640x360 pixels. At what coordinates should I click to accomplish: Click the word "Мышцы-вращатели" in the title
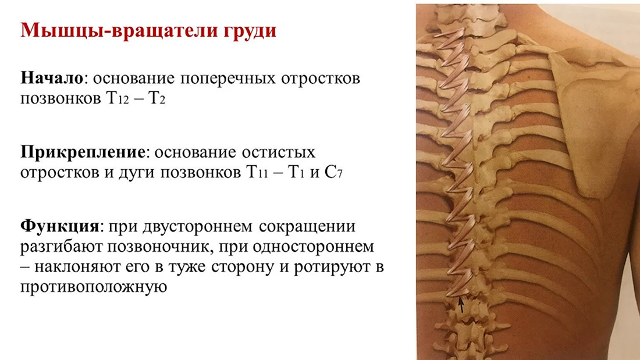coord(118,31)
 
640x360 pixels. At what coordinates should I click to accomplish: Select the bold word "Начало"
coord(52,77)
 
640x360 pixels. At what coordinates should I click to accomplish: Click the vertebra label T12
coord(118,98)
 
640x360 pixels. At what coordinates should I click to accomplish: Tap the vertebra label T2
coord(157,98)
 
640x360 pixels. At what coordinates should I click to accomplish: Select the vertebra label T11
coord(257,172)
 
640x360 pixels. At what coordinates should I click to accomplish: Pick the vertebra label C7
coord(333,172)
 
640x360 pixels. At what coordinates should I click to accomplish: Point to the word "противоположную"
coord(94,287)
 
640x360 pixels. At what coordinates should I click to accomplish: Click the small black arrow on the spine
coord(461,305)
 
